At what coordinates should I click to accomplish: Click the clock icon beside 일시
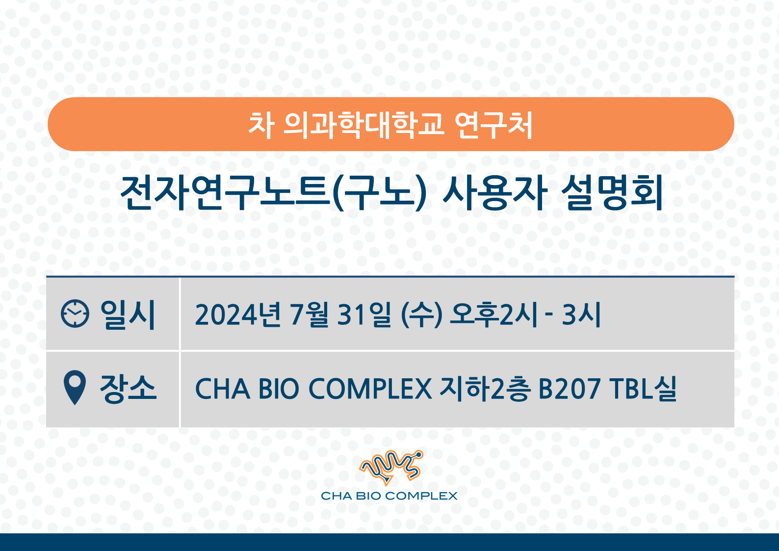click(75, 314)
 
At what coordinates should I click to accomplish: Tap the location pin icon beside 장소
click(75, 388)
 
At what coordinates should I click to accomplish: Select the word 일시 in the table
click(128, 314)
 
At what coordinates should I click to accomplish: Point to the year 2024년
click(238, 315)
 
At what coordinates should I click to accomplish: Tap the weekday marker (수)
click(421, 315)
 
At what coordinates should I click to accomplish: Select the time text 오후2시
click(494, 315)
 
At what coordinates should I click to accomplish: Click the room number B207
click(570, 389)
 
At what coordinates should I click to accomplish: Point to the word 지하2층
click(485, 389)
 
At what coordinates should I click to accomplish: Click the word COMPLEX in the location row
click(370, 389)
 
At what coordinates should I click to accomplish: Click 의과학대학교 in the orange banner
click(364, 125)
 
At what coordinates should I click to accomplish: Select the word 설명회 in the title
click(612, 193)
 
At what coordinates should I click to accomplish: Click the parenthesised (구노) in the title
click(379, 193)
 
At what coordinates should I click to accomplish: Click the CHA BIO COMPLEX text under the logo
click(389, 496)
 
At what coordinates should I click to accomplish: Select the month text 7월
click(309, 315)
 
